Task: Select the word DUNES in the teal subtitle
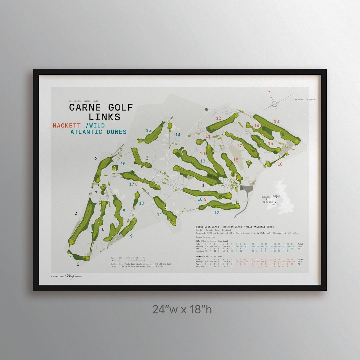coord(115,132)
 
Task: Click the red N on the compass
coord(268,91)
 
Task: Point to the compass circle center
coord(274,104)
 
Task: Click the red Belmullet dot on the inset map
coord(266,199)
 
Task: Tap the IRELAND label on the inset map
coord(267,202)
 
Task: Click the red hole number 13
coord(276,121)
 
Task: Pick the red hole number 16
coord(280,164)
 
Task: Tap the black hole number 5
coord(78,264)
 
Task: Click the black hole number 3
coord(96,158)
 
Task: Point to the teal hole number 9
coord(131,236)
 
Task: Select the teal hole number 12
coord(216,213)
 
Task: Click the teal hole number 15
coord(149,130)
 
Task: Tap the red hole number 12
coord(219,118)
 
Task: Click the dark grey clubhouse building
coord(246,189)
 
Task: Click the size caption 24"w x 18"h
coord(182,309)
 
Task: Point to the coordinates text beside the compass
coord(305,100)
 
